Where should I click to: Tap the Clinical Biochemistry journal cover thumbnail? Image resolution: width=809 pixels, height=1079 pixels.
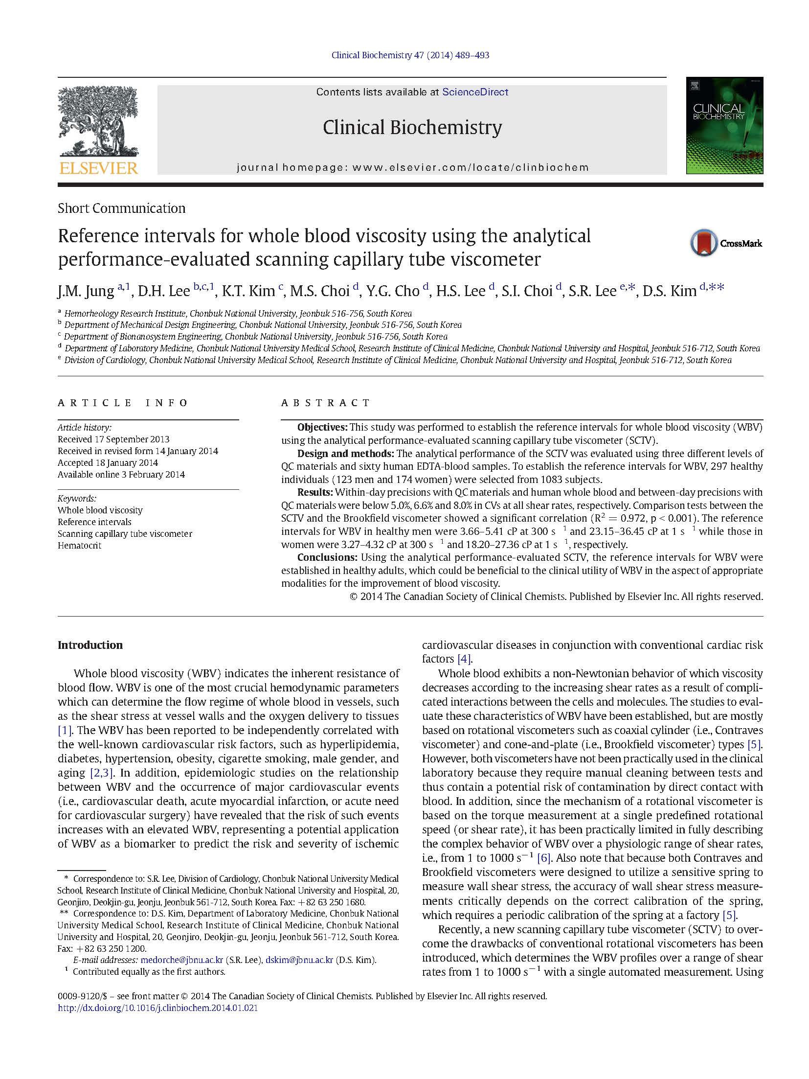click(x=724, y=126)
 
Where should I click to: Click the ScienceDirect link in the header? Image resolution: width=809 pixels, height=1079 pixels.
click(x=475, y=92)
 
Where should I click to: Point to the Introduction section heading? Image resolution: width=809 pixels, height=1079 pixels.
click(x=90, y=645)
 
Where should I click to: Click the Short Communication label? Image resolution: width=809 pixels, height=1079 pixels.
click(x=121, y=208)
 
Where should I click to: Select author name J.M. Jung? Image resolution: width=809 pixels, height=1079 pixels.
click(x=86, y=291)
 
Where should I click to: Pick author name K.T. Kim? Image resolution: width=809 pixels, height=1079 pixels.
click(x=248, y=291)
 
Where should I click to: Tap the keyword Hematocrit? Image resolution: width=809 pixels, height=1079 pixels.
click(x=79, y=545)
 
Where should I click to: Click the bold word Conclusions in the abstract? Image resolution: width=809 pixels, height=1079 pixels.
click(x=326, y=557)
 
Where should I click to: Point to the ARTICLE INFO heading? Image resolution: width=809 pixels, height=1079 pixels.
click(x=123, y=403)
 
